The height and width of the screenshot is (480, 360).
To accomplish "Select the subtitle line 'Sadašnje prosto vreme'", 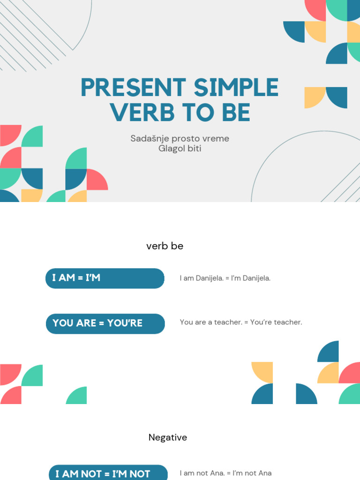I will [180, 139].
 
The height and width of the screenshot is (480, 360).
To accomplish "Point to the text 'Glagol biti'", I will [180, 149].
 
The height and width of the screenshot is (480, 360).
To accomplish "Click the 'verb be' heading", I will [165, 246].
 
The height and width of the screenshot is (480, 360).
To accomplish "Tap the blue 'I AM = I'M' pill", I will [105, 278].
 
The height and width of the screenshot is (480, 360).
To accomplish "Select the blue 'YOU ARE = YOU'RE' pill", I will [105, 323].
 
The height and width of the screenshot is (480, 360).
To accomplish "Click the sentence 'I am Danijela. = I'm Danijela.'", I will [225, 278].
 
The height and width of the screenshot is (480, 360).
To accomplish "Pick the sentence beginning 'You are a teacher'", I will [241, 322].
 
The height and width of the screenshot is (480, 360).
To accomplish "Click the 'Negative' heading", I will [167, 437].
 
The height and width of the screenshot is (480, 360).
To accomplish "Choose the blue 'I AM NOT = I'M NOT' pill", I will [108, 473].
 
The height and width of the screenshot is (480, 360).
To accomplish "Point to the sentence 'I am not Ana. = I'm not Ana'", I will [225, 473].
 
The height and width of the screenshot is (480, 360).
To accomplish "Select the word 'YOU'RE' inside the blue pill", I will [125, 323].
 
